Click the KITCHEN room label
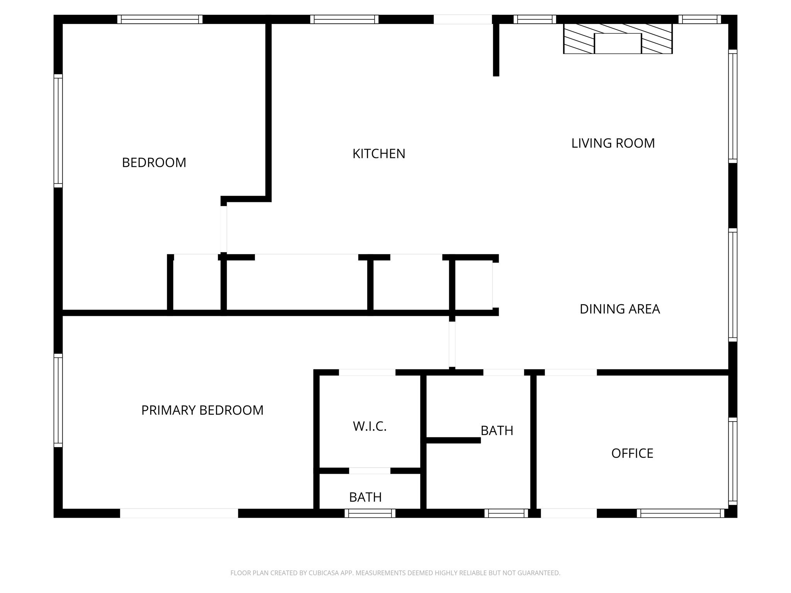(379, 154)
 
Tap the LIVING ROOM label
(613, 143)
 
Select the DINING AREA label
(620, 309)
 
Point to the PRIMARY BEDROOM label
(202, 410)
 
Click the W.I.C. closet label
(370, 426)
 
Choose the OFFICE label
(632, 453)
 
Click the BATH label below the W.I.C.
(365, 497)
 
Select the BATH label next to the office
(497, 430)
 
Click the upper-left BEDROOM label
(154, 163)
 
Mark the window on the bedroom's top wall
(160, 19)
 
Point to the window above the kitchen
(344, 19)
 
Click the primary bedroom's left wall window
(58, 400)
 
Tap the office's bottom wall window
(680, 513)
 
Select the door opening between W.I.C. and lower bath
(370, 471)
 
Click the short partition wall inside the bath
(453, 440)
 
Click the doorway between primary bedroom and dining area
(452, 344)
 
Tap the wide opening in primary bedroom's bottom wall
(179, 513)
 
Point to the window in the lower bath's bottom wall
(370, 513)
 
